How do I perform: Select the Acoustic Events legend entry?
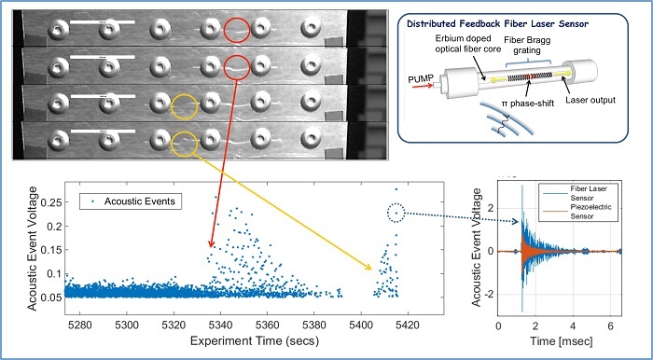point(128,199)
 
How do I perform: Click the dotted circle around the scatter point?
point(396,213)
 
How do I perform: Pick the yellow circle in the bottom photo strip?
point(186,143)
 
